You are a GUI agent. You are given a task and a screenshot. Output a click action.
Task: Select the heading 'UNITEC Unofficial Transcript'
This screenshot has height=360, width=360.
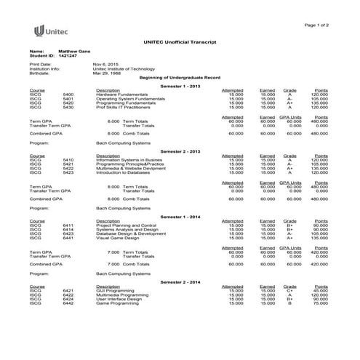pos(180,44)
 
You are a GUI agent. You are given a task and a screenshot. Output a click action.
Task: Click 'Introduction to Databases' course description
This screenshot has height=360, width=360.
pos(122,172)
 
